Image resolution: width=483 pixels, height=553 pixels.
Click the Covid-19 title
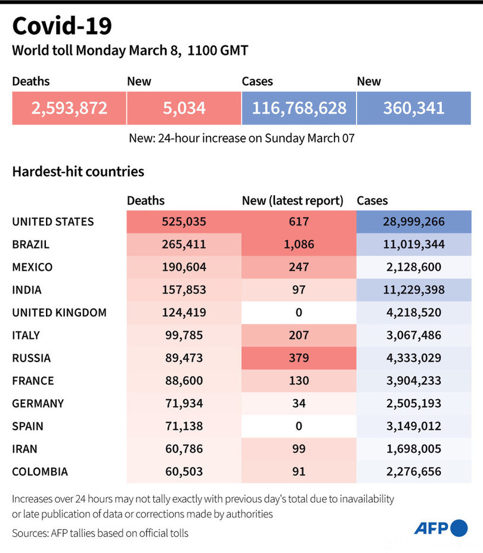(61, 26)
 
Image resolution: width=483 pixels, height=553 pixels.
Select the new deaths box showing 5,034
(184, 108)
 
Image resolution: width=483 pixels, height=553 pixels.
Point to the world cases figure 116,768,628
(299, 108)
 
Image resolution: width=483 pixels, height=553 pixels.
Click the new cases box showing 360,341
(414, 108)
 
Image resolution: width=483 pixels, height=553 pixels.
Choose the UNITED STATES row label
(53, 222)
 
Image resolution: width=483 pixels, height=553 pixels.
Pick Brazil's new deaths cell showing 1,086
(299, 245)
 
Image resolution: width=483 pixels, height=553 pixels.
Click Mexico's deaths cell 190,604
(184, 267)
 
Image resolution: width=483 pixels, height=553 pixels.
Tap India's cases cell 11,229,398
(414, 290)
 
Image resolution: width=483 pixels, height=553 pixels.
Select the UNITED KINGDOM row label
(59, 313)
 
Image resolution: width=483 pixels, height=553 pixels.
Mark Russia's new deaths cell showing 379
(299, 358)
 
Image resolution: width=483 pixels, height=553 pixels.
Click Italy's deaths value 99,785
(184, 335)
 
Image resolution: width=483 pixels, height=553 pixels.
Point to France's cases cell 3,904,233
(414, 381)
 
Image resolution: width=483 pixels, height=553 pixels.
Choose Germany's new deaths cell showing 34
(299, 403)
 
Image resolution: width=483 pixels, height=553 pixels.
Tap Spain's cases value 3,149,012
(414, 426)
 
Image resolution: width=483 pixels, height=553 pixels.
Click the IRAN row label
(25, 449)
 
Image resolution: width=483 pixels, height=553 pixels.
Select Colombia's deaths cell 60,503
(184, 471)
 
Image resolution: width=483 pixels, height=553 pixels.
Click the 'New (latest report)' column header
(292, 201)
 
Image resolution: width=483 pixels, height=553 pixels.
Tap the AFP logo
(441, 528)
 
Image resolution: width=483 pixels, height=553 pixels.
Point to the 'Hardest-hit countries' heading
(78, 172)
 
